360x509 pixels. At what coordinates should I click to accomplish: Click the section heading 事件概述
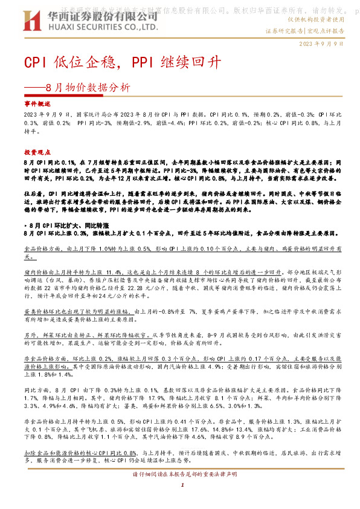click(x=36, y=104)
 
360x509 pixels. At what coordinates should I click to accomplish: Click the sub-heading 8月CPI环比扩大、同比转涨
click(x=68, y=224)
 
